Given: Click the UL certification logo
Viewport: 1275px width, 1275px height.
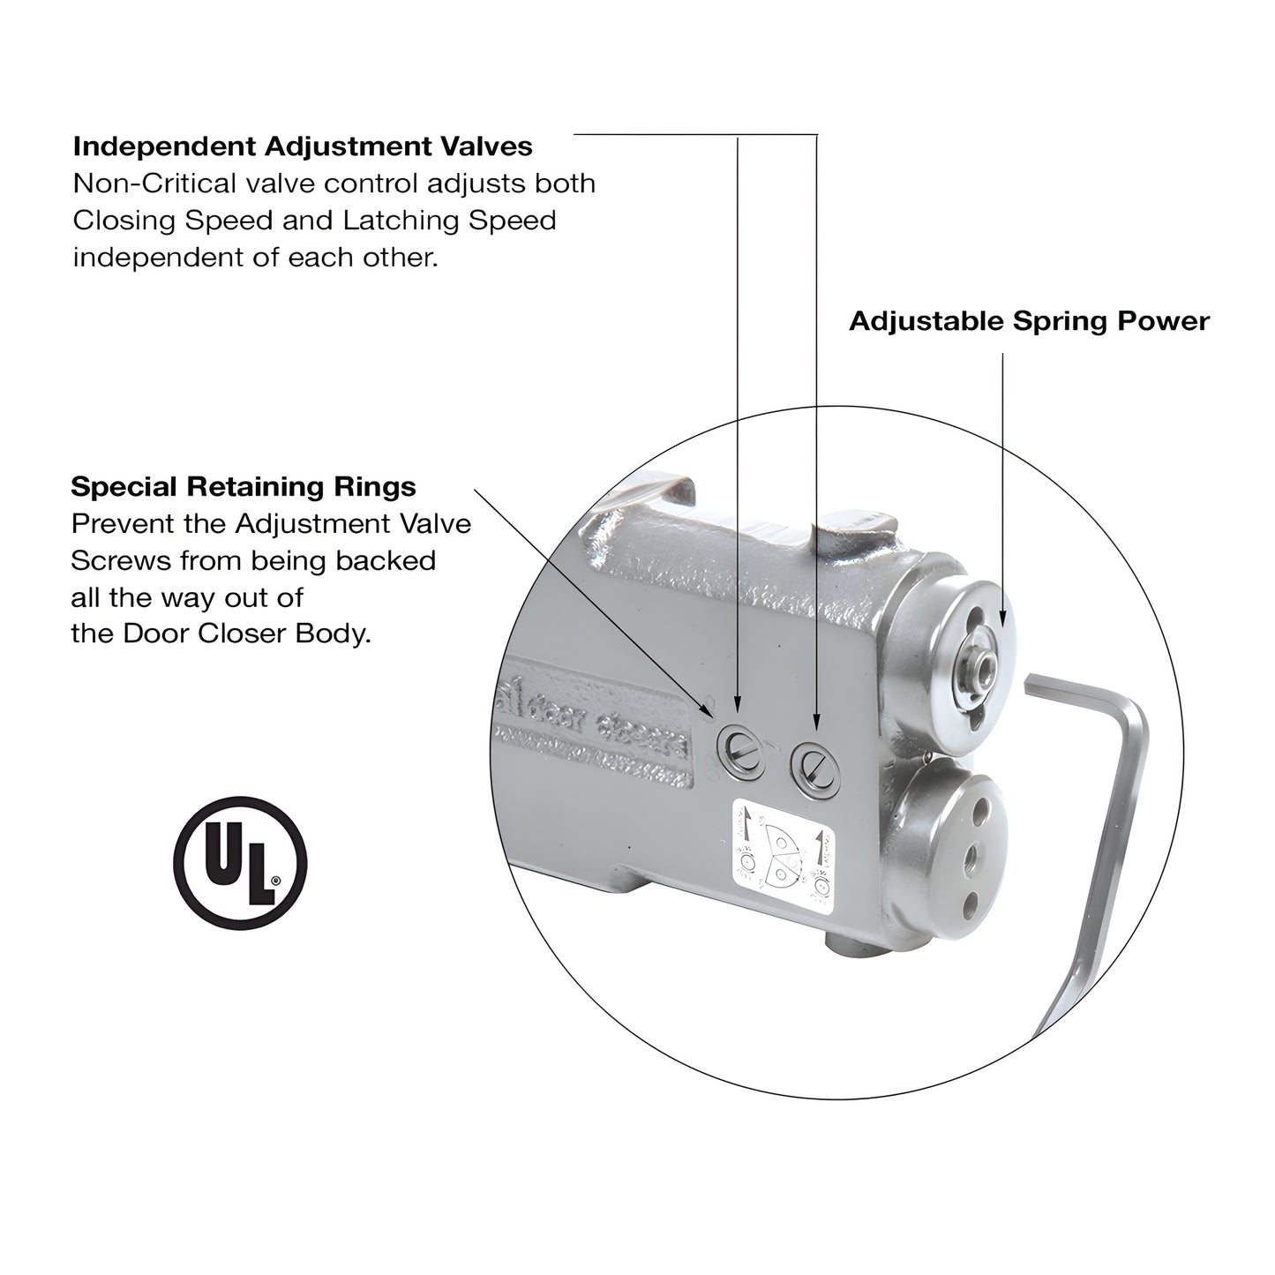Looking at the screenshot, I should pyautogui.click(x=240, y=862).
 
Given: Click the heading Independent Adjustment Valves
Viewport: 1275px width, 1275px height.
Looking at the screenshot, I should pyautogui.click(x=303, y=146).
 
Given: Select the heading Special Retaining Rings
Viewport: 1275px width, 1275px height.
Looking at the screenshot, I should pyautogui.click(x=244, y=486).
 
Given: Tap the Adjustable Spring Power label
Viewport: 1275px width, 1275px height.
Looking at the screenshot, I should pyautogui.click(x=1029, y=321).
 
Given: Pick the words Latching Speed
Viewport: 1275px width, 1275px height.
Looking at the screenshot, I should pyautogui.click(x=450, y=221).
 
